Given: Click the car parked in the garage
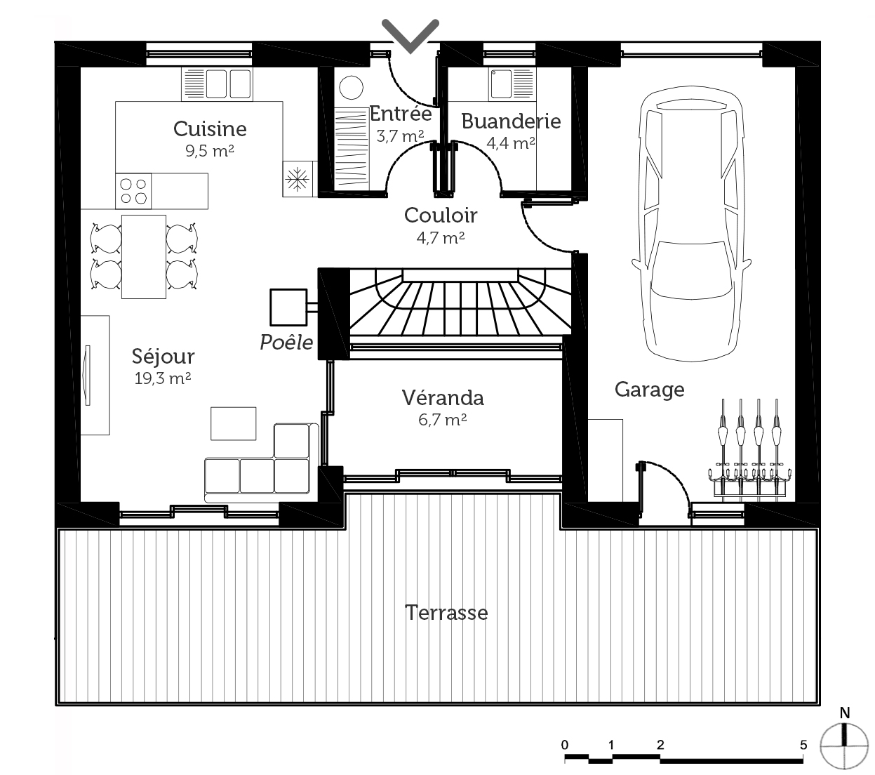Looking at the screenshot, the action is [691, 223].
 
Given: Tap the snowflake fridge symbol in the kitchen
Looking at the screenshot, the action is [298, 179].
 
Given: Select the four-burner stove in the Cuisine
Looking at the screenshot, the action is [133, 191].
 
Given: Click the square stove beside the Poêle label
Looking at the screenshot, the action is [288, 307].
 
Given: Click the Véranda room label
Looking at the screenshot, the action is [443, 398].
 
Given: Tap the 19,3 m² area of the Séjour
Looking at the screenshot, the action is [162, 378].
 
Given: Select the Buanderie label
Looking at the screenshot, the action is [511, 121].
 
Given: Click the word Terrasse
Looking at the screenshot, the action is [446, 613].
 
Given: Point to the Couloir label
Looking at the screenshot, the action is [441, 215].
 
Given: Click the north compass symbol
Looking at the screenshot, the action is [844, 746].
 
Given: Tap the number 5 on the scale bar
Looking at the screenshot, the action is [803, 745].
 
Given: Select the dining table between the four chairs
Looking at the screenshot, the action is [144, 257].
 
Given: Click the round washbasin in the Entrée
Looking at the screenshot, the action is [351, 88].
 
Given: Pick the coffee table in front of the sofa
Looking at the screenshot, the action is [233, 423].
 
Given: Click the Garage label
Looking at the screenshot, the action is [649, 390].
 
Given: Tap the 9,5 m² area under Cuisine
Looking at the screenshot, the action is [210, 150].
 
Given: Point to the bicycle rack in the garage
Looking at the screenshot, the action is [750, 449].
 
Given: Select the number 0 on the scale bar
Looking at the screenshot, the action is [564, 745].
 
